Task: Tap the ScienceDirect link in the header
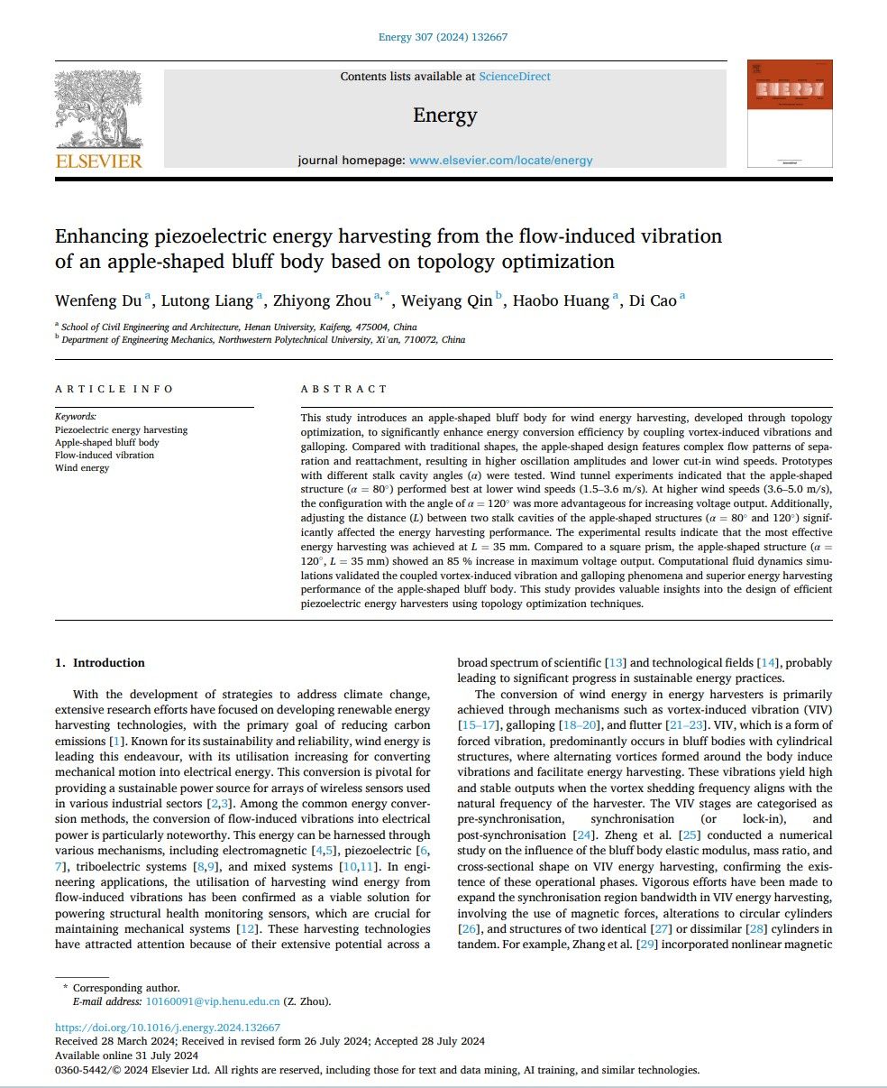point(515,77)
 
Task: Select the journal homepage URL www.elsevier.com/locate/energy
point(500,161)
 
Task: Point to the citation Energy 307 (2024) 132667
point(444,37)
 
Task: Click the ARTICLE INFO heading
point(114,389)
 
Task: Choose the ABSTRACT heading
point(343,389)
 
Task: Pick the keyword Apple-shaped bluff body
point(107,443)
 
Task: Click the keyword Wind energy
point(82,468)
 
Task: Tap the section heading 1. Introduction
point(100,663)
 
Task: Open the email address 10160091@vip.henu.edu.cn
point(213,1001)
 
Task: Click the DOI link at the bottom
point(168,1028)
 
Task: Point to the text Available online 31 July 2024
point(127,1055)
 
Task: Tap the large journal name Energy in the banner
point(444,115)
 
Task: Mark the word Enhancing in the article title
point(101,236)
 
